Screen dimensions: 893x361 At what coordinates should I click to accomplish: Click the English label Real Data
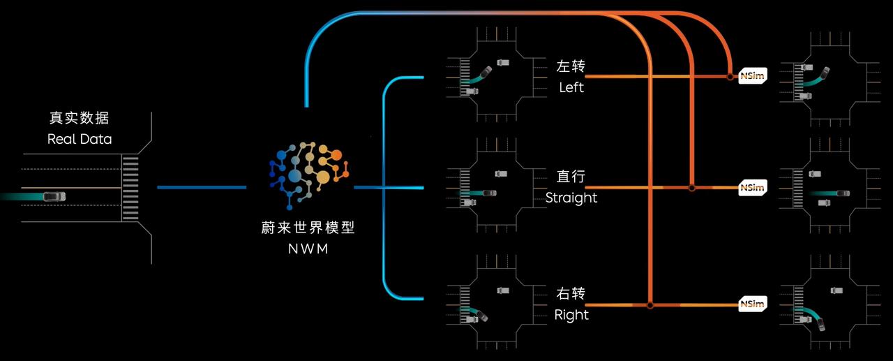(x=80, y=139)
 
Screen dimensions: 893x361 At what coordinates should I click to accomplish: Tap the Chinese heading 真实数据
(x=79, y=118)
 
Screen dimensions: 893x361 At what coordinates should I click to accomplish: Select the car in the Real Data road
(x=54, y=196)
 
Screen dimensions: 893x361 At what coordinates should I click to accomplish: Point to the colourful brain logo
(x=309, y=175)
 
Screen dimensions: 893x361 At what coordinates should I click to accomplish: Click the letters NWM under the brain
(x=308, y=249)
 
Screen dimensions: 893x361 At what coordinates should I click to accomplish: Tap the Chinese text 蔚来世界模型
(x=308, y=228)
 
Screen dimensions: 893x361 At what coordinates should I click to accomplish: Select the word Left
(x=571, y=87)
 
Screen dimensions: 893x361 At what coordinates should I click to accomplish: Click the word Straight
(x=571, y=198)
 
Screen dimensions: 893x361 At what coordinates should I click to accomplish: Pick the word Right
(x=571, y=315)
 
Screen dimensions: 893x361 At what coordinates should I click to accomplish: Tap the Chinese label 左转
(x=571, y=66)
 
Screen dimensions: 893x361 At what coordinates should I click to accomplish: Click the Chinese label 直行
(x=571, y=176)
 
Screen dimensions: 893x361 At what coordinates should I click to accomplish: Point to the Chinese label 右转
(x=571, y=293)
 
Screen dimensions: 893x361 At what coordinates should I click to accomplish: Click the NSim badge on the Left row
(x=753, y=76)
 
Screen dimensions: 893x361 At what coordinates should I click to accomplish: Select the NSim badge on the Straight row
(x=753, y=187)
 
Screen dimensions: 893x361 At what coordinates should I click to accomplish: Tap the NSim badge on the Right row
(x=753, y=304)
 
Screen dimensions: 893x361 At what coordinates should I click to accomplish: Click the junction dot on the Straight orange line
(x=692, y=187)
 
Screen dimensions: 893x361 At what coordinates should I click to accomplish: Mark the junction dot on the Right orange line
(x=650, y=306)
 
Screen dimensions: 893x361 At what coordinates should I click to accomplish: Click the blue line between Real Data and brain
(x=202, y=187)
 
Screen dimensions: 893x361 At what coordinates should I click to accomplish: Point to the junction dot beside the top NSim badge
(x=730, y=77)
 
